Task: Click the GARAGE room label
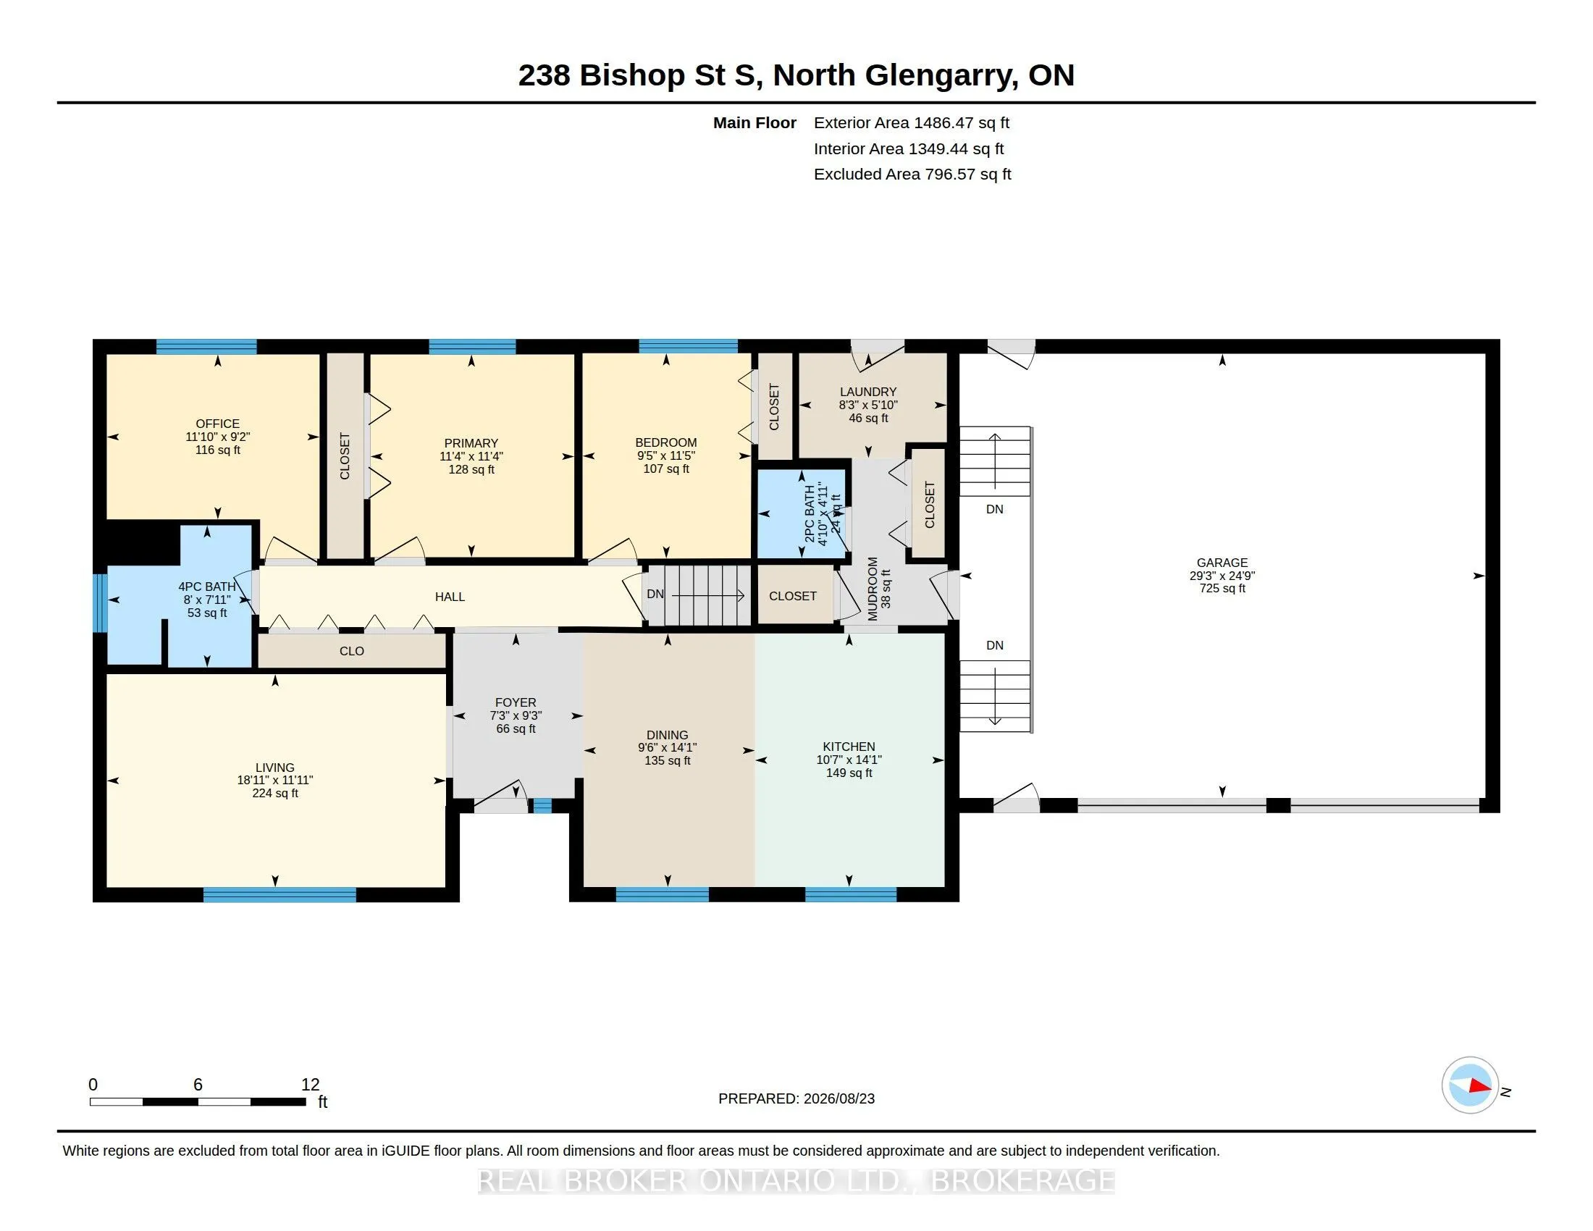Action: tap(1222, 562)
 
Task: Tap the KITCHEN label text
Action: tap(849, 746)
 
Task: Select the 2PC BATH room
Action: tap(802, 513)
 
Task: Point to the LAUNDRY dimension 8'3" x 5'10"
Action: tap(868, 405)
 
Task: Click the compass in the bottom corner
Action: tap(1470, 1085)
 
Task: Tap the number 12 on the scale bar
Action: tap(310, 1085)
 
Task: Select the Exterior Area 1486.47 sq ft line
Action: tap(912, 122)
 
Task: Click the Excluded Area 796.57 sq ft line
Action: tap(912, 174)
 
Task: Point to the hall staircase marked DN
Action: tap(699, 595)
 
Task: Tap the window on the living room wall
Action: tap(279, 895)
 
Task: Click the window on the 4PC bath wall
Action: tap(100, 602)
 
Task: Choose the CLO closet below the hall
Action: tap(352, 650)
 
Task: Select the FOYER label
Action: tap(516, 702)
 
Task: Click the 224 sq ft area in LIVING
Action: tap(275, 793)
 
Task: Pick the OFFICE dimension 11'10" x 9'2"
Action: tap(217, 437)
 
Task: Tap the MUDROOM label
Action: tap(873, 589)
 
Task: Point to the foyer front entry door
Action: tap(501, 797)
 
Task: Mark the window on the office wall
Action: tap(206, 346)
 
